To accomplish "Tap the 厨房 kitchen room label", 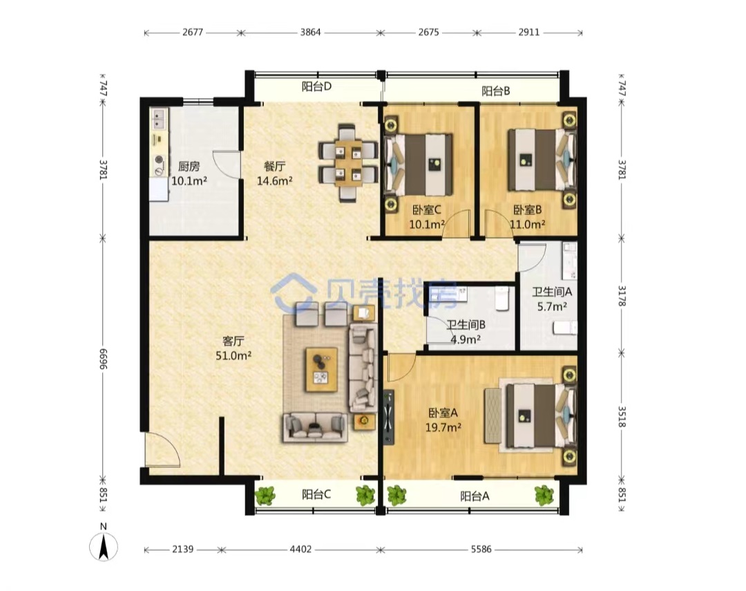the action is coord(189,167).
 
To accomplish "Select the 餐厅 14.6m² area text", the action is coord(274,181).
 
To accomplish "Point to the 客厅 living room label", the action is coord(233,341).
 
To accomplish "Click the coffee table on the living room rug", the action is coord(322,370).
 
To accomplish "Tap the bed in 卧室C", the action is coord(419,165).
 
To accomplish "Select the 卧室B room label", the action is coord(528,209).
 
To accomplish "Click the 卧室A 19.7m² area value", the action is coord(443,428).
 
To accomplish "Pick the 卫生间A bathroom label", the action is coord(552,292).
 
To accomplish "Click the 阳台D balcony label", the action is coord(316,86).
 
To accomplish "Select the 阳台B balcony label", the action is coord(496,91).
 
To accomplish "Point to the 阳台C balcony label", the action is coord(316,495).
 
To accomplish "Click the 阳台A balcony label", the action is coord(475,497).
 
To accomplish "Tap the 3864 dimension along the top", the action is coord(310,32).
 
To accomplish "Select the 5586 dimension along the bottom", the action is coord(481,550).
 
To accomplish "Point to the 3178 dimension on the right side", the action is coord(622,296).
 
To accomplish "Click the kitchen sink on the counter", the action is coord(158,119).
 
